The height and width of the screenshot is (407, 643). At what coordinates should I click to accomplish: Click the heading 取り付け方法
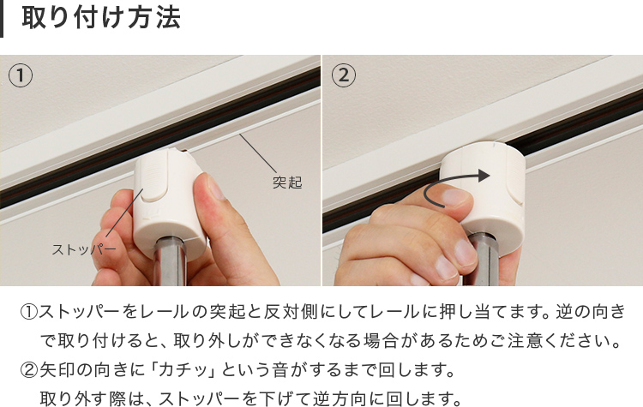coord(101,18)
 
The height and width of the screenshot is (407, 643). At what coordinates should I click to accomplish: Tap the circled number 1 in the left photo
coord(20,75)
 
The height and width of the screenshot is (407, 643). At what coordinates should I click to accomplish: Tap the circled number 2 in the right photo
coord(344,75)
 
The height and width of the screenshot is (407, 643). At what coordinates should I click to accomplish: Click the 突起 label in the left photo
coord(287,183)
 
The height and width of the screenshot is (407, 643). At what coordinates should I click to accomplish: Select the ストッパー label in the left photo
coord(84,249)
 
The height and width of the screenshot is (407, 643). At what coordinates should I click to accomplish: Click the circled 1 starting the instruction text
coord(28,312)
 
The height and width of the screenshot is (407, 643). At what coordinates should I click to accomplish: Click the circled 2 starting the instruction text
coord(28,369)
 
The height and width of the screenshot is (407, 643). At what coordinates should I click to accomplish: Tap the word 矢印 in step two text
coord(57,369)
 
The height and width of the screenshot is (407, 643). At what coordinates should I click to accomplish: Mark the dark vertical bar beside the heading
coord(1,19)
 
